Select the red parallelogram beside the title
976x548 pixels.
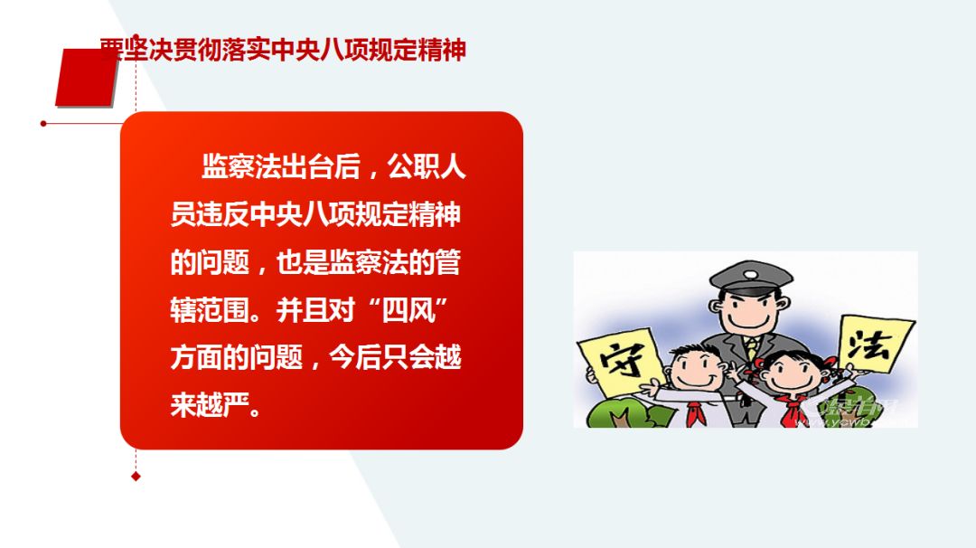(87, 78)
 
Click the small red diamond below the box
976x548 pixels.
(136, 476)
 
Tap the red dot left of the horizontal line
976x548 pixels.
(43, 123)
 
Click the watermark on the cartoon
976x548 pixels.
(854, 411)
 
